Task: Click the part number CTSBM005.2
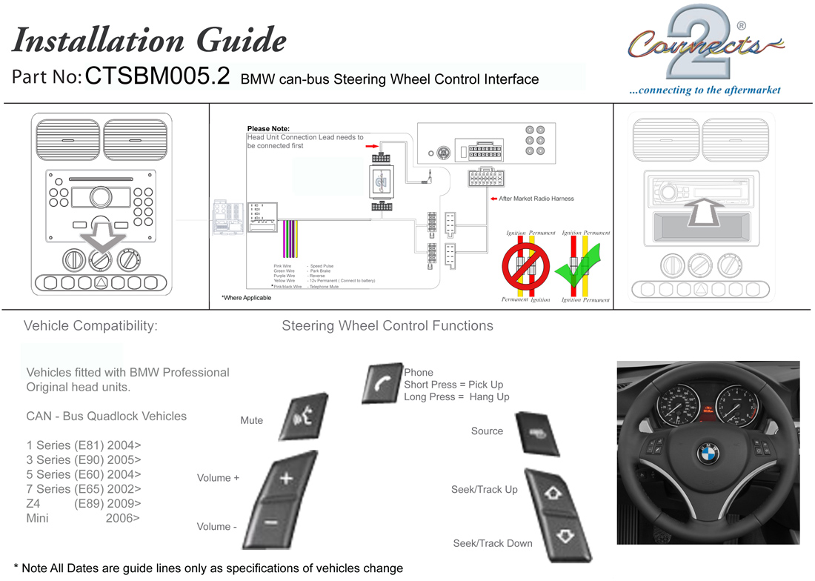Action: (x=158, y=77)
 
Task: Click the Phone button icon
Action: (x=382, y=384)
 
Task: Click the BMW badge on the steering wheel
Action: (x=708, y=454)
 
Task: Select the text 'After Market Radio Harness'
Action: (x=536, y=199)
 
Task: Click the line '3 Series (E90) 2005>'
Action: (x=84, y=459)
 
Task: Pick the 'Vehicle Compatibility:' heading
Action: (x=90, y=325)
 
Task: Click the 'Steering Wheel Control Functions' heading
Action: (x=387, y=325)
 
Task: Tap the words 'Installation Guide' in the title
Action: (x=149, y=40)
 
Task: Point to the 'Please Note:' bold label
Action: (x=268, y=129)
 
